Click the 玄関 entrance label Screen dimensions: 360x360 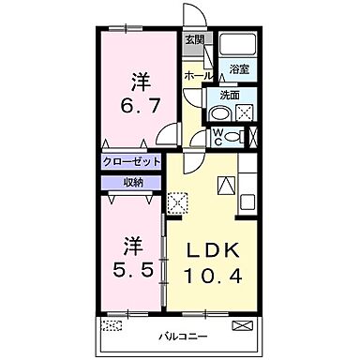pos(193,39)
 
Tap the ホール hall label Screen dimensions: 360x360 pos(196,75)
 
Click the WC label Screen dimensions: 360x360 pos(217,136)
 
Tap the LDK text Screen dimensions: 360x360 pos(218,251)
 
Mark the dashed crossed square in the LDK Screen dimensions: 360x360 pos(176,202)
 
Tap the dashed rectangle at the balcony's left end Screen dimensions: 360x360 pos(112,325)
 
